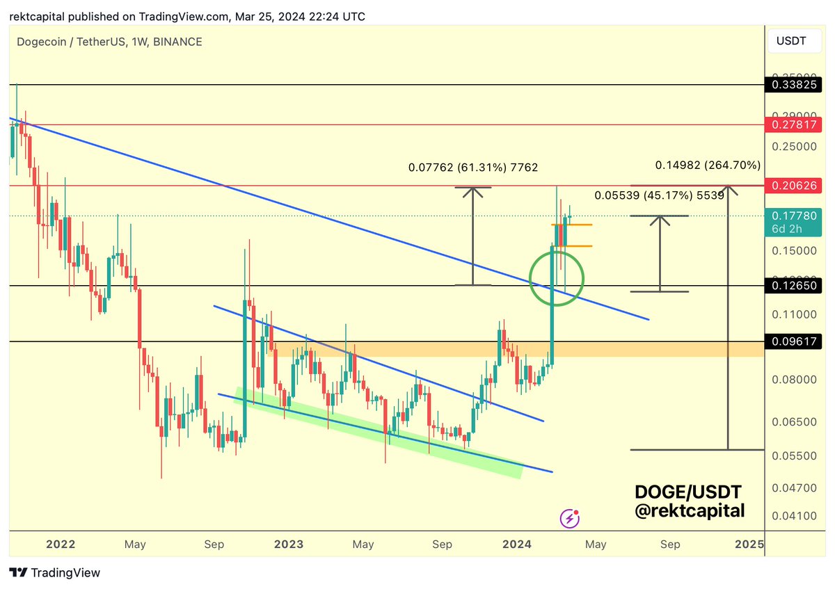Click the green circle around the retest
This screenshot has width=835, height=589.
click(556, 278)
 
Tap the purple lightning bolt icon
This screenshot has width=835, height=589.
click(570, 517)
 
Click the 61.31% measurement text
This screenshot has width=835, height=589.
click(472, 168)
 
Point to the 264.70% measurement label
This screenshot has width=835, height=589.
click(708, 166)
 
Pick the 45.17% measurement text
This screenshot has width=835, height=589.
click(659, 196)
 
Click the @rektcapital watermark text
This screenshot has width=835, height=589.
click(690, 511)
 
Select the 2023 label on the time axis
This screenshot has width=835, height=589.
click(288, 544)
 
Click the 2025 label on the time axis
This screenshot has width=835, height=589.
click(749, 544)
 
